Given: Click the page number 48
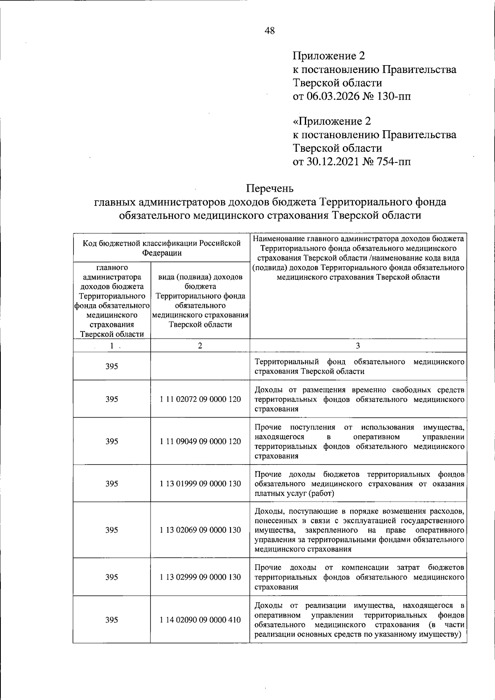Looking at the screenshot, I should click(270, 31).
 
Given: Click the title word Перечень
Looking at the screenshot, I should click(270, 188).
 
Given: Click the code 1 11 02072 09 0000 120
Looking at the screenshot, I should click(200, 399).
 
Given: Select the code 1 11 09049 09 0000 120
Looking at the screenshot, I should click(200, 441).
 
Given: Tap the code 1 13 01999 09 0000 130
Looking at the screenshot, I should click(200, 484).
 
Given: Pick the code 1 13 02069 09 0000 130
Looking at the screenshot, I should click(200, 530).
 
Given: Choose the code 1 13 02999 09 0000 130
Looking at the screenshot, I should click(200, 577).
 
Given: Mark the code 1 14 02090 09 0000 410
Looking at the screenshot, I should click(200, 620).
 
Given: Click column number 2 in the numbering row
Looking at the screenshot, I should click(200, 345).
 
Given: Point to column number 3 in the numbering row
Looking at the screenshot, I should click(358, 345).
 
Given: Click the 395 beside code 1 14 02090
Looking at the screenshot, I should click(112, 620).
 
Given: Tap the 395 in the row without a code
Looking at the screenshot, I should click(112, 366).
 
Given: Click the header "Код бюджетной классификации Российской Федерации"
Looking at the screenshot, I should click(162, 248).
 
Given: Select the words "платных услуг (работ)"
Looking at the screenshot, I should click(294, 493).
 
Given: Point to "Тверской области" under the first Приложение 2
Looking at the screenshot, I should click(337, 83).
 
